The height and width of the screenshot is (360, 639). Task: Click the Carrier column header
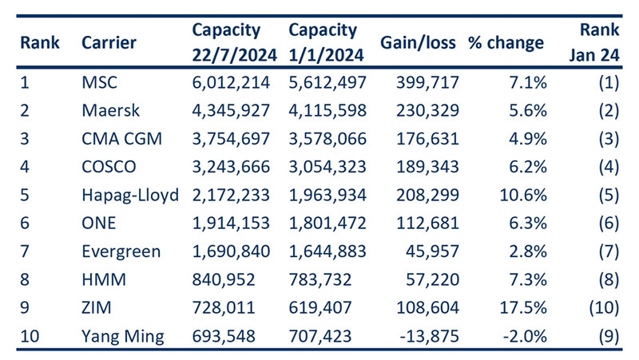(x=109, y=42)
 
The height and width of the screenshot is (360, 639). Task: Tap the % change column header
(x=506, y=42)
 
